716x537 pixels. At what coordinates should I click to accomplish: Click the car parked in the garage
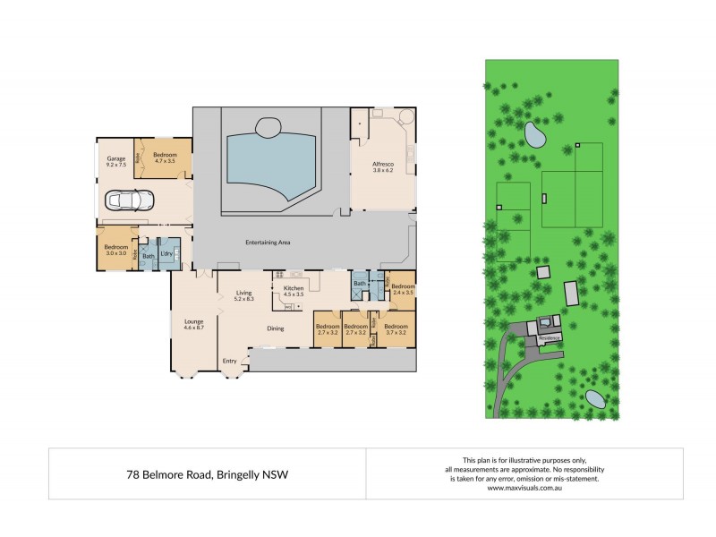[131, 200]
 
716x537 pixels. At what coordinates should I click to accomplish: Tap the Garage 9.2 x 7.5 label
[115, 162]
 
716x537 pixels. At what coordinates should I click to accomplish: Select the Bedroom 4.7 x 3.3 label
[166, 158]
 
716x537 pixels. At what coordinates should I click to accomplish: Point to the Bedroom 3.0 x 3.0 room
[116, 250]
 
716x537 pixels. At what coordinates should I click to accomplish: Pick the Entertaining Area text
[268, 242]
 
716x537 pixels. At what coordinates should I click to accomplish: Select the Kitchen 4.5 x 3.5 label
[294, 291]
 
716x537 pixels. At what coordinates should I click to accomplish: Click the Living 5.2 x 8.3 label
[244, 295]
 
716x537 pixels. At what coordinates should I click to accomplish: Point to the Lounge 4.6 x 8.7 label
[194, 325]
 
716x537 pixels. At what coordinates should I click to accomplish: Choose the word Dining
[276, 328]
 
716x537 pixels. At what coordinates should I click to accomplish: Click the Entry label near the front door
[230, 361]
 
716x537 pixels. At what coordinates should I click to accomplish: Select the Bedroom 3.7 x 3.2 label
[396, 329]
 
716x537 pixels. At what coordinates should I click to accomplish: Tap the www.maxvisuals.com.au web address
[524, 488]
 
